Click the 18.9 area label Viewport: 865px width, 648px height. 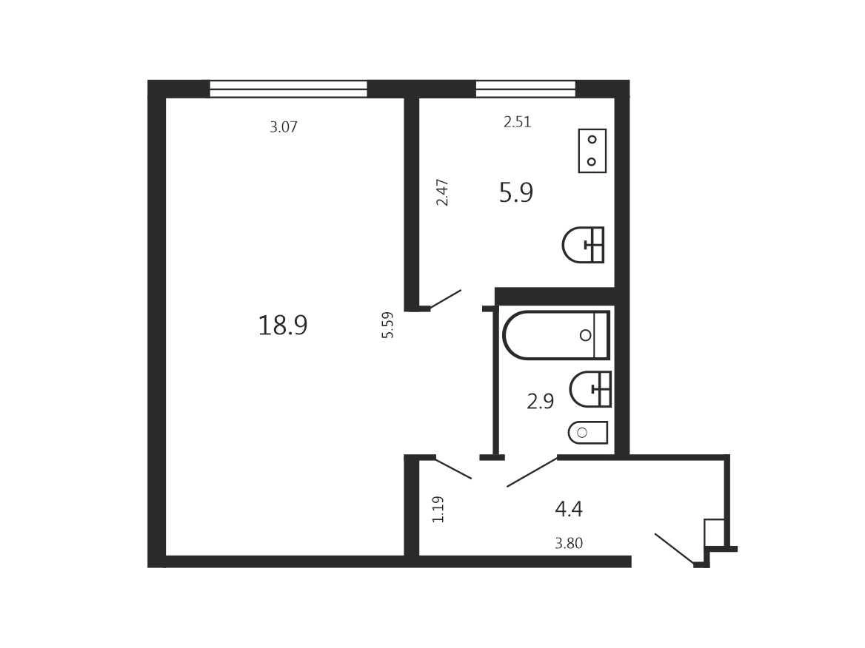point(282,325)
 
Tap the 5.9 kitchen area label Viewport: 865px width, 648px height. point(515,193)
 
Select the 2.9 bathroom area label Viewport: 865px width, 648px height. point(540,401)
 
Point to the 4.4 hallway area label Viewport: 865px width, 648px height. point(569,509)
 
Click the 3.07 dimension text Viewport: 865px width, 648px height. point(284,127)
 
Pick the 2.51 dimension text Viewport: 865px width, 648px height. point(517,122)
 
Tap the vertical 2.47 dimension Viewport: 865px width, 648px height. point(442,192)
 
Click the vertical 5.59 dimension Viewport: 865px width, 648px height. point(388,325)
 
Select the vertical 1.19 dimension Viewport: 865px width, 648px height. point(438,509)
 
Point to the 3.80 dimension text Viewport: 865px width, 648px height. point(569,543)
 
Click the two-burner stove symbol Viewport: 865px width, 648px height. point(592,150)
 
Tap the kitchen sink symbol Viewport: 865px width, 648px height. point(583,245)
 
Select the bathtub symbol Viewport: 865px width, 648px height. point(556,335)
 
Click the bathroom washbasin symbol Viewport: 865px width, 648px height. point(590,389)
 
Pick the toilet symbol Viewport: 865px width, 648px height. point(588,433)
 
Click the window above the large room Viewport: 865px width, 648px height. point(289,89)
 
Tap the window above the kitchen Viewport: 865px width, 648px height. point(526,89)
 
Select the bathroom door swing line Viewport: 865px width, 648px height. point(532,472)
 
